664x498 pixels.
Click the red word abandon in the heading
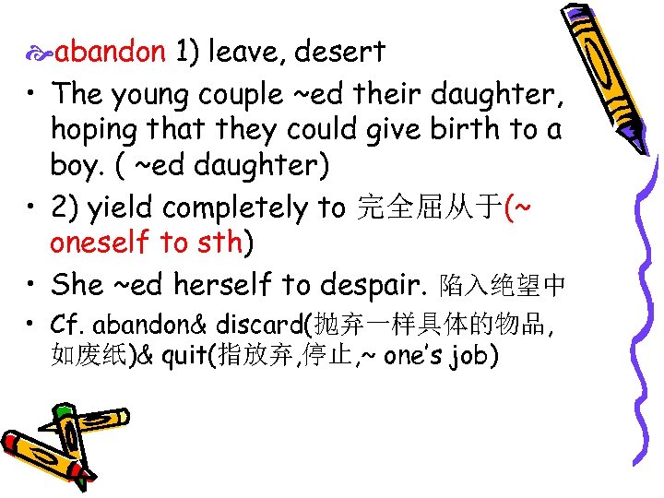pos(110,52)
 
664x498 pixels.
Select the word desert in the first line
pos(341,52)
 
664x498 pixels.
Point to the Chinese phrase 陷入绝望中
pos(502,286)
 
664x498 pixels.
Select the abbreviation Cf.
pos(67,325)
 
